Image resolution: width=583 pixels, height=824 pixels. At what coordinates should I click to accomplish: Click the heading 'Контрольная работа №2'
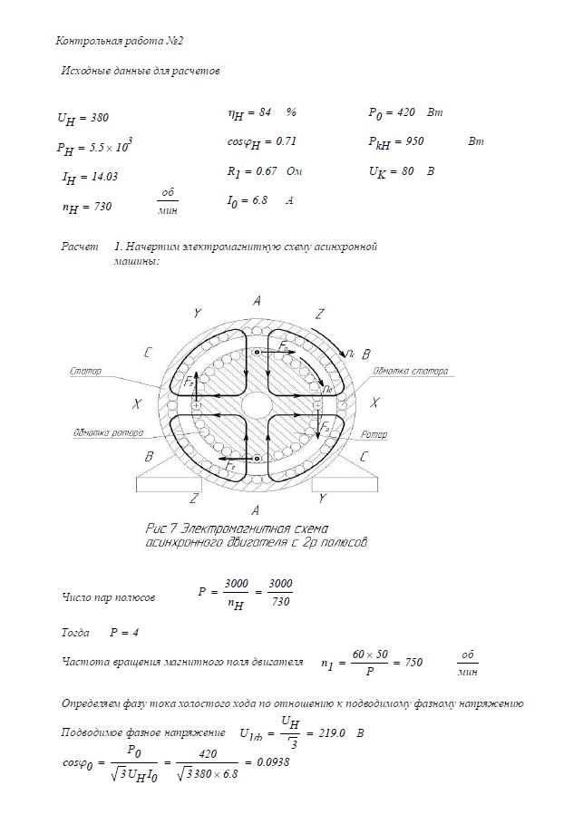tap(120, 41)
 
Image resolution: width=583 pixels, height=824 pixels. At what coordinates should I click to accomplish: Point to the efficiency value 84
tap(265, 113)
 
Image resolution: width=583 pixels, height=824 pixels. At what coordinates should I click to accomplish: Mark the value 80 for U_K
tap(405, 170)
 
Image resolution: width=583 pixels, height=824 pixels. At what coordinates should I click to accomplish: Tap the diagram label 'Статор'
tap(85, 371)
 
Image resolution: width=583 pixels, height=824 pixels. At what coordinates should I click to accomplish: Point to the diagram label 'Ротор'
tap(374, 434)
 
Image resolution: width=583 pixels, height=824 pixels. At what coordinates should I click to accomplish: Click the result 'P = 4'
tap(123, 632)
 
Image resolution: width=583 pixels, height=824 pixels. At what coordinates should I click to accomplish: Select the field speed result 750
tap(413, 663)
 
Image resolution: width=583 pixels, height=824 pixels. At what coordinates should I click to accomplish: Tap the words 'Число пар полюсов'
tap(108, 598)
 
